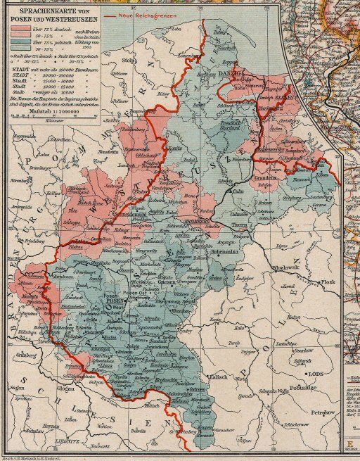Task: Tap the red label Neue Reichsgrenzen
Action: pos(148,14)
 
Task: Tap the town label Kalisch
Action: pos(217,377)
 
